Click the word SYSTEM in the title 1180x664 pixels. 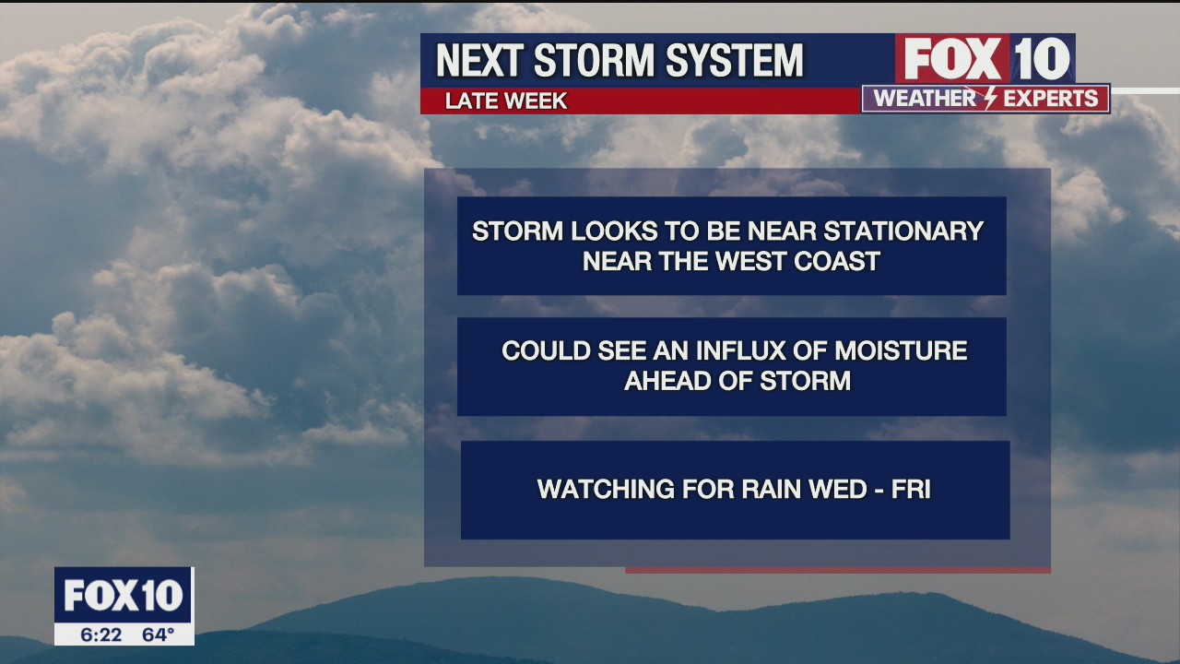click(735, 60)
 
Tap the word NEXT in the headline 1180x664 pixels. click(480, 60)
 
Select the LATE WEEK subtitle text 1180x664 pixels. click(506, 101)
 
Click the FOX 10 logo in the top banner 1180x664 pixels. click(985, 58)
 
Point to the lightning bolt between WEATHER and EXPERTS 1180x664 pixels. click(991, 98)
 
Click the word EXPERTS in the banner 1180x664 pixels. click(1050, 98)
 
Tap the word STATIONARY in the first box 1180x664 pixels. click(903, 231)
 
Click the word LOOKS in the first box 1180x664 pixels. click(598, 231)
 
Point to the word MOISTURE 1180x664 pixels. click(901, 350)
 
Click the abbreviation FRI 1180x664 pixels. click(911, 489)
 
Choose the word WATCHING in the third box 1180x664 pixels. click(606, 489)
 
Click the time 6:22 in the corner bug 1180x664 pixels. click(101, 634)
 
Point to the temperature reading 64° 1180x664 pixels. click(158, 634)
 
